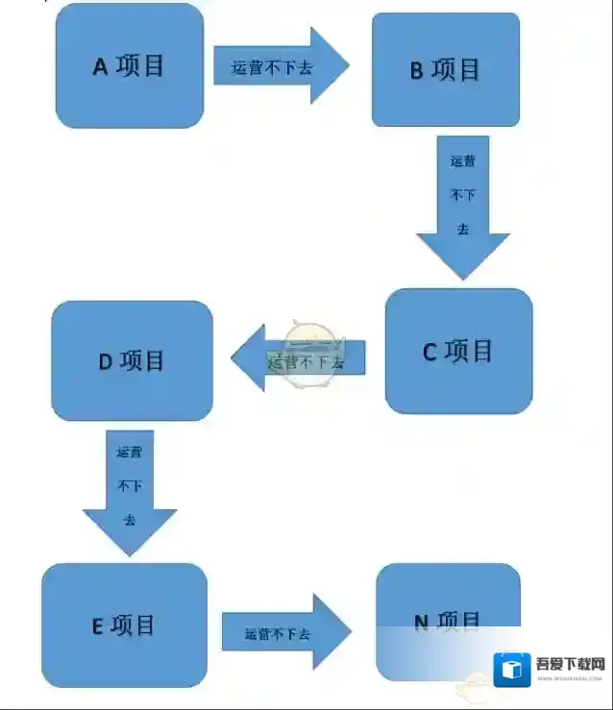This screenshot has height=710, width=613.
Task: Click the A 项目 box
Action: click(x=130, y=65)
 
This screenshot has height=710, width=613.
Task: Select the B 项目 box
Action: click(x=446, y=69)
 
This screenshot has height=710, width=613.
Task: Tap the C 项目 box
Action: click(x=458, y=352)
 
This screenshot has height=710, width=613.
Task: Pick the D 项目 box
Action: click(x=132, y=361)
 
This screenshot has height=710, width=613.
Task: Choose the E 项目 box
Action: click(x=125, y=625)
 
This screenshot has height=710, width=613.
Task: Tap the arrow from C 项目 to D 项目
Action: click(x=298, y=358)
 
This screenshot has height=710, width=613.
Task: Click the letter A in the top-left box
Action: click(x=100, y=66)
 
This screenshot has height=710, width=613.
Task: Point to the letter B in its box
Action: click(x=417, y=71)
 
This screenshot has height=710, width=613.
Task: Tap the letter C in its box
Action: click(x=429, y=353)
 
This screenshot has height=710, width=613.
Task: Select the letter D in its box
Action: click(x=106, y=362)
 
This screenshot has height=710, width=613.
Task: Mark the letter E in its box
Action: click(x=97, y=626)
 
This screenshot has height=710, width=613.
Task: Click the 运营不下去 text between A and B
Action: click(x=272, y=68)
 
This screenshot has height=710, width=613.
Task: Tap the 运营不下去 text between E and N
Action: click(x=278, y=635)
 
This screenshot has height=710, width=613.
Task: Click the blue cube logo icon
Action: click(x=512, y=670)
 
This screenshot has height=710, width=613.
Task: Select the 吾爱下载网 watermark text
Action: click(x=570, y=664)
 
